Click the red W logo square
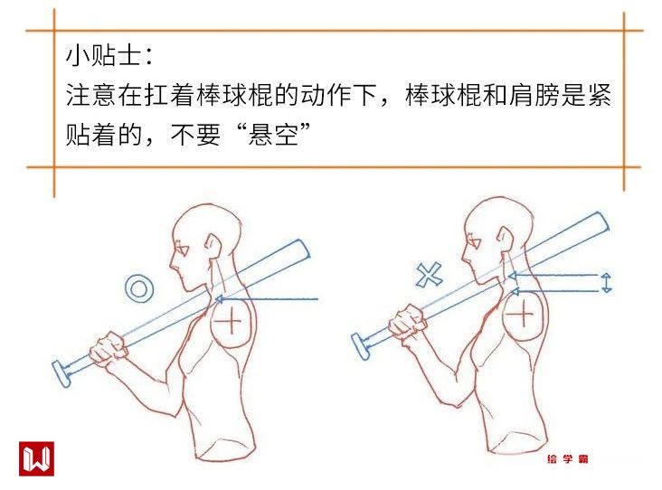point(36,458)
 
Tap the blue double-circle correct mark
point(139,288)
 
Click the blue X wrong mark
point(429,275)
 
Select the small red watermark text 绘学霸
point(567,458)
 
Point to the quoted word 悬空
point(273,134)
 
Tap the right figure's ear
point(506,239)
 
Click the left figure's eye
point(183,249)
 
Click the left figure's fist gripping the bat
point(109,349)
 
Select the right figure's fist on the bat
point(407,323)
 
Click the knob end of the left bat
point(61,373)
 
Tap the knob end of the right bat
point(361,346)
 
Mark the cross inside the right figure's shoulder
point(523,315)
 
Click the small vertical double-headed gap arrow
point(606,283)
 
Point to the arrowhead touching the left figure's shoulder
point(220,299)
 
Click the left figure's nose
point(172,265)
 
